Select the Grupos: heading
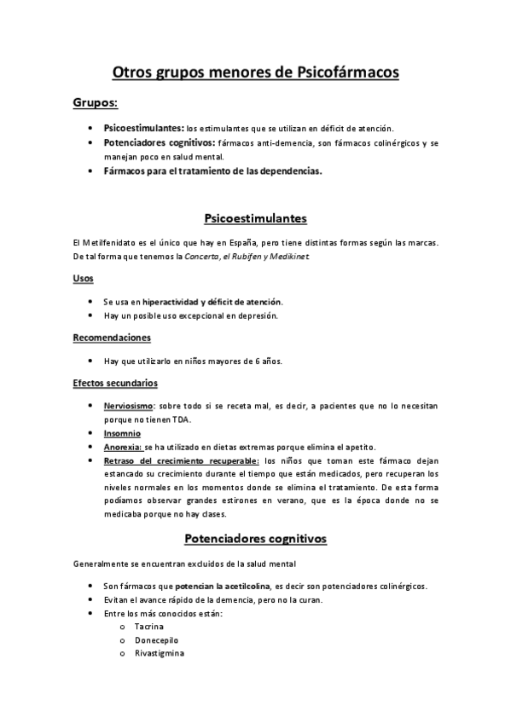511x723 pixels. (95, 104)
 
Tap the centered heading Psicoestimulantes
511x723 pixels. (256, 218)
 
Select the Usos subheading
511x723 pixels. (84, 279)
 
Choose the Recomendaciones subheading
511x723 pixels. (112, 338)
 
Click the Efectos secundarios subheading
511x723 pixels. (115, 383)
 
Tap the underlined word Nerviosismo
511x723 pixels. (129, 407)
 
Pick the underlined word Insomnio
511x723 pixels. (122, 433)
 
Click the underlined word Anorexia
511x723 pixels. (122, 447)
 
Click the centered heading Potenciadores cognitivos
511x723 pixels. (256, 540)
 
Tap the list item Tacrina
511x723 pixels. (148, 626)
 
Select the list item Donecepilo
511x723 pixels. (155, 639)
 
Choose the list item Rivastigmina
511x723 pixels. (159, 653)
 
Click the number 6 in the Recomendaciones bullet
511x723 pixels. (258, 361)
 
